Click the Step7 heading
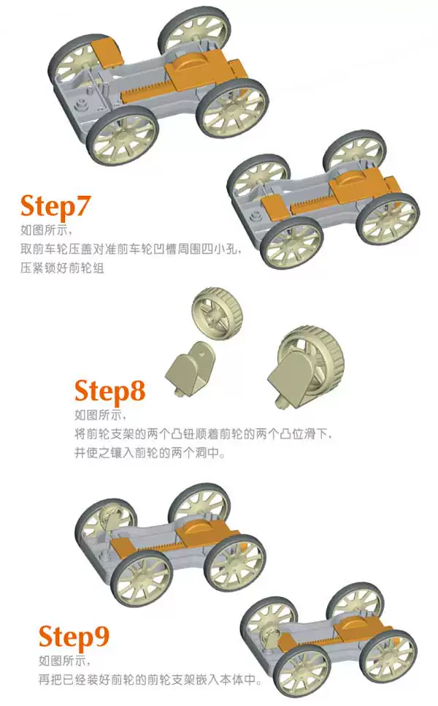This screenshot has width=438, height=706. point(55,206)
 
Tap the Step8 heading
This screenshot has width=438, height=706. point(109,390)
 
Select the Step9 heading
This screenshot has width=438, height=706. point(74,637)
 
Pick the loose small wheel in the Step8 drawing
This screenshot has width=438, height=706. point(217,313)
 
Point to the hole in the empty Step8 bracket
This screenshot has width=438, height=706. point(202,354)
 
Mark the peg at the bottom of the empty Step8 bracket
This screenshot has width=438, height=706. point(179,392)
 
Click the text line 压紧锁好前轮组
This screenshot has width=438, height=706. point(62,268)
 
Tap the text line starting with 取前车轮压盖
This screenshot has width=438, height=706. point(131,249)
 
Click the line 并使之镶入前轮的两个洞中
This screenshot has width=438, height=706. point(150,452)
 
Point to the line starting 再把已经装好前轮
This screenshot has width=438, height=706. point(150,680)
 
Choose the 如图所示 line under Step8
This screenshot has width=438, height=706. point(100,414)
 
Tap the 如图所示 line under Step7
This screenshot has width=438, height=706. point(46,230)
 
